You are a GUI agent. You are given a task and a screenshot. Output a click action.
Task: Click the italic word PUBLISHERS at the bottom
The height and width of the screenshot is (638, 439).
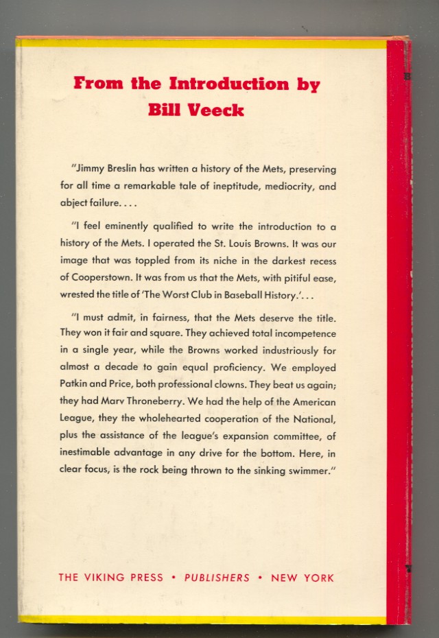click(217, 577)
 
